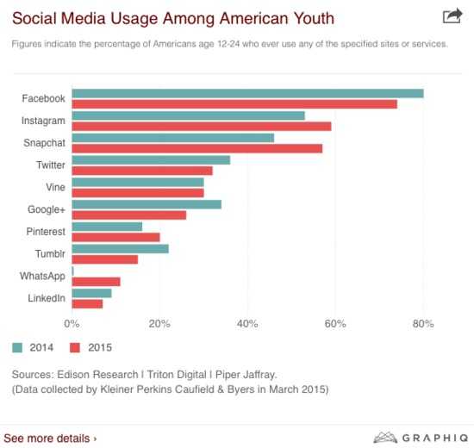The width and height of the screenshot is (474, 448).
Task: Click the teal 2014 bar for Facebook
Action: (x=247, y=94)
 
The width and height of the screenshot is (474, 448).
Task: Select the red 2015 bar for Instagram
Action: (x=202, y=127)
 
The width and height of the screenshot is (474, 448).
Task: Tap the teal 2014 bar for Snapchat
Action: (x=173, y=138)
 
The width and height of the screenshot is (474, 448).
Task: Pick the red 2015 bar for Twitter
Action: (x=142, y=171)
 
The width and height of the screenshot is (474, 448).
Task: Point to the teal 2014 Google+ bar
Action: (x=147, y=205)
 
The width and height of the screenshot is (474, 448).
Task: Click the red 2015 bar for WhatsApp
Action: (x=97, y=282)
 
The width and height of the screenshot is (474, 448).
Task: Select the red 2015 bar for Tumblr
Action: (x=105, y=259)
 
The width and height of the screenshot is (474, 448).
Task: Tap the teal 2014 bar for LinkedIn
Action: (x=91, y=293)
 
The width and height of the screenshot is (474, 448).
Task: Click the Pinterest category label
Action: (x=46, y=232)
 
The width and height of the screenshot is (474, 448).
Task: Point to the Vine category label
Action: (x=55, y=187)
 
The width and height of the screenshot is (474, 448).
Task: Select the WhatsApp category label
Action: (x=42, y=277)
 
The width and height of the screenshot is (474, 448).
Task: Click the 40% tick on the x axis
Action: (x=247, y=324)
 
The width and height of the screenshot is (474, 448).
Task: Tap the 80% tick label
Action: (x=423, y=324)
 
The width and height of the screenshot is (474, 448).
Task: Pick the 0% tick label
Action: (x=72, y=324)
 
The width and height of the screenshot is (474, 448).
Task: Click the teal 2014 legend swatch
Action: (x=17, y=348)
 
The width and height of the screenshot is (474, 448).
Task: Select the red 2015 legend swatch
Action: (x=75, y=348)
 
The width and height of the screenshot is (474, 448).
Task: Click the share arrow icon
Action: (x=452, y=16)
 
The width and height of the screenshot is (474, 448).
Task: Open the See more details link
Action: (x=50, y=439)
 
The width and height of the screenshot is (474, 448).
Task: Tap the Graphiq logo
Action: (x=421, y=438)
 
